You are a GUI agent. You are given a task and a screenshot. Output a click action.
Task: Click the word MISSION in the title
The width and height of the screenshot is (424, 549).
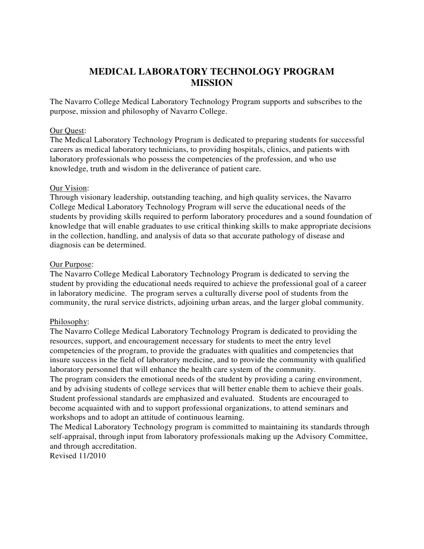(212, 83)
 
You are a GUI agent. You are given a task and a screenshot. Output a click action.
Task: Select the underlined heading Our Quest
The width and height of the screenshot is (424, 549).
(67, 130)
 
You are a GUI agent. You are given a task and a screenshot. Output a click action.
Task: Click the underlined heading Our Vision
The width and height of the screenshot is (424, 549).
(69, 188)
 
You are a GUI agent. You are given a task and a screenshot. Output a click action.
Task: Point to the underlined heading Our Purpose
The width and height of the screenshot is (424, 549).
(71, 264)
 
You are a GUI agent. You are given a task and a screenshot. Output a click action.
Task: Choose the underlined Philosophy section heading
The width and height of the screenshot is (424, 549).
(69, 321)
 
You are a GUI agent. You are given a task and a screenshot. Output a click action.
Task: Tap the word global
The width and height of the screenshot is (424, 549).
(314, 303)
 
